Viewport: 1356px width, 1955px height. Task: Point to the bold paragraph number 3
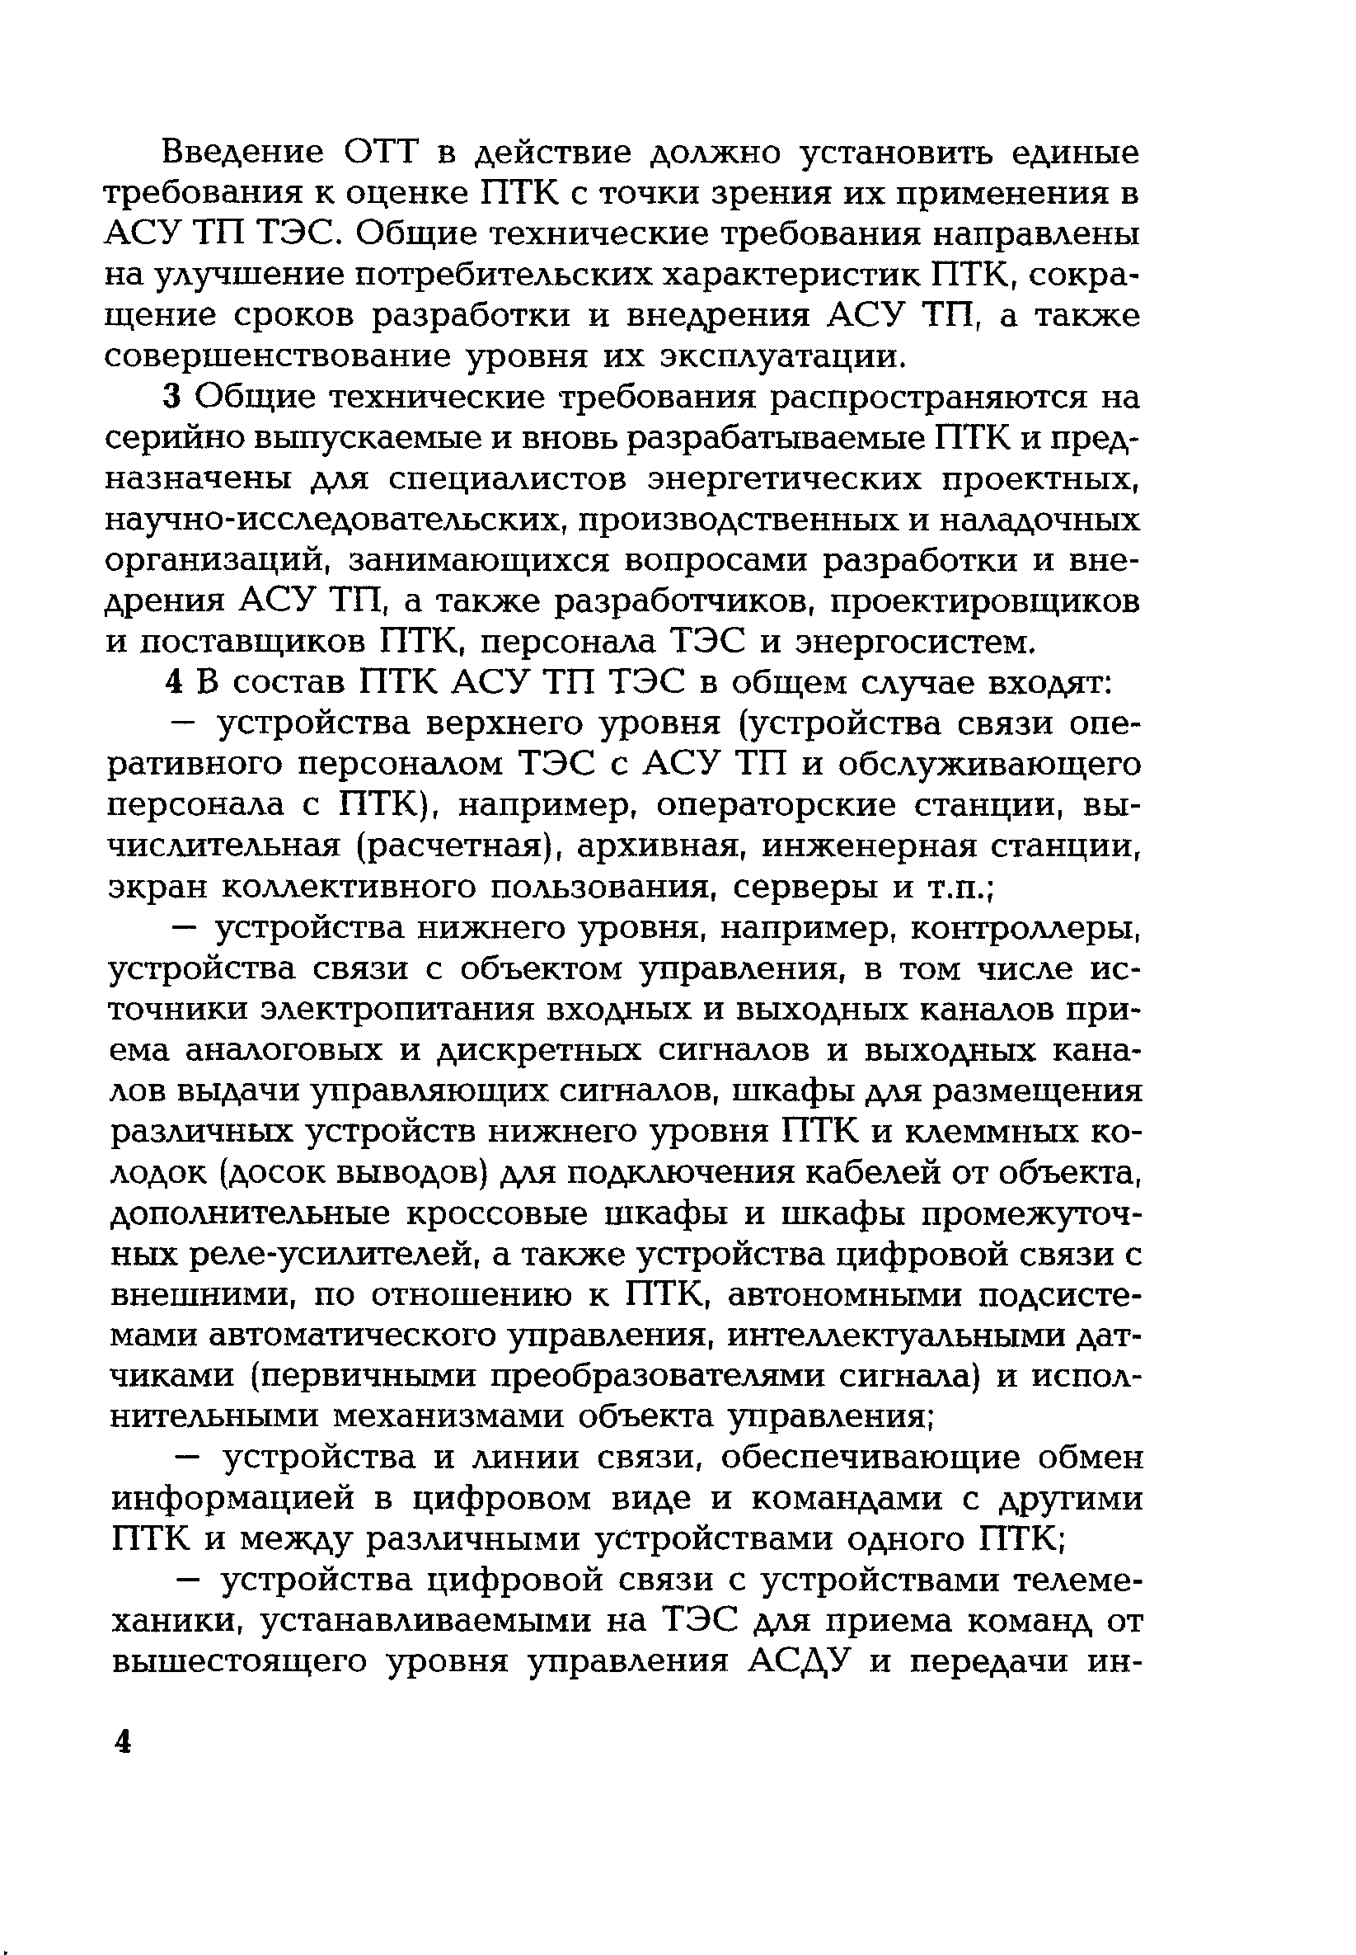tap(173, 398)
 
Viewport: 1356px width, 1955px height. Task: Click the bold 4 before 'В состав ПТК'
tap(173, 683)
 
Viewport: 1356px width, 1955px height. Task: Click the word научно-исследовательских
tap(335, 521)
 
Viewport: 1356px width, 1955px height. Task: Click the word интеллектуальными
tap(894, 1337)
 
